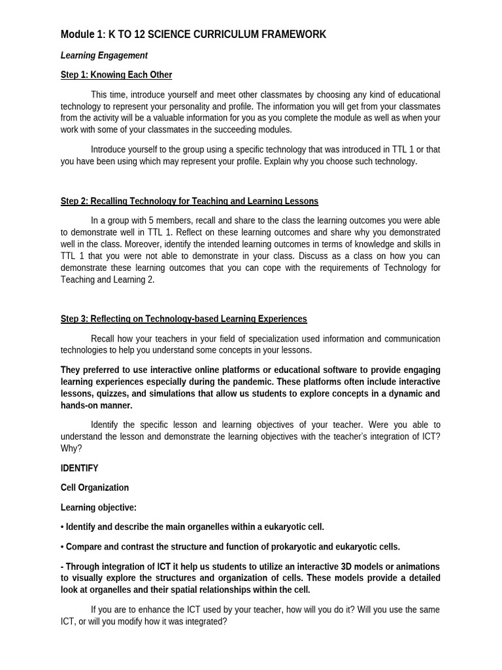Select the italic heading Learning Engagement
104,56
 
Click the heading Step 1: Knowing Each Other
116,75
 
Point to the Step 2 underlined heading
190,201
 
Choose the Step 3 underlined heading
184,319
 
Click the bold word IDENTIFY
80,468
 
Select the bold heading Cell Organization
95,487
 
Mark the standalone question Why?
71,449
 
